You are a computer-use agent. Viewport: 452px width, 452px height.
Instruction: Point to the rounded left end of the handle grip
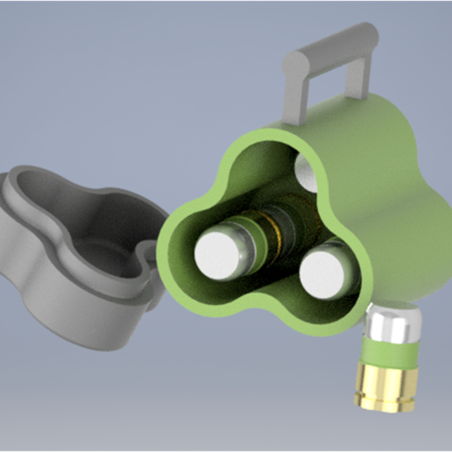(295, 64)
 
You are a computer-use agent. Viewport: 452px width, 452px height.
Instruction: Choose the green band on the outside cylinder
(389, 354)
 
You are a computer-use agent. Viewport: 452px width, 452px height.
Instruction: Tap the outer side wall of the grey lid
(70, 315)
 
